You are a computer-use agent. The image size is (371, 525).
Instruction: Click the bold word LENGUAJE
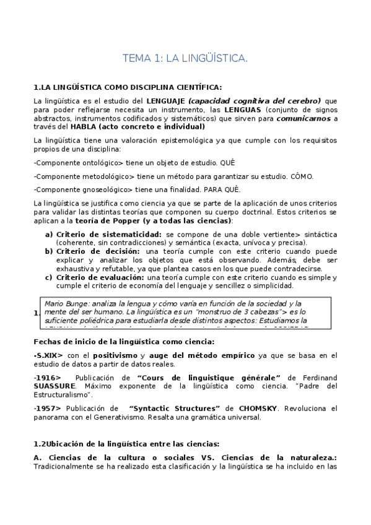click(x=165, y=100)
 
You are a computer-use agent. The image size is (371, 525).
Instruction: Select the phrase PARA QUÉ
click(x=222, y=189)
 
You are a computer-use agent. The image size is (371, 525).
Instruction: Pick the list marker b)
click(x=48, y=251)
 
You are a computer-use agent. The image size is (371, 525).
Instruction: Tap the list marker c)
click(x=48, y=277)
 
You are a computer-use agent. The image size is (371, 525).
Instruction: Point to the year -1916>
click(x=48, y=378)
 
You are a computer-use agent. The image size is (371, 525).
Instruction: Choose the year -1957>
click(x=48, y=409)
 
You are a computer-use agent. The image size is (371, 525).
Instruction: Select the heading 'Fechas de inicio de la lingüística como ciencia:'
click(x=124, y=342)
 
